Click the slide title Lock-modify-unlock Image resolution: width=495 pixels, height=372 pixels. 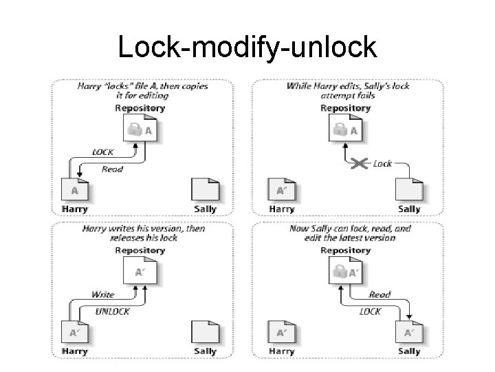pyautogui.click(x=247, y=47)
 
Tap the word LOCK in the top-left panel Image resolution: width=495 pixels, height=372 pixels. pyautogui.click(x=104, y=152)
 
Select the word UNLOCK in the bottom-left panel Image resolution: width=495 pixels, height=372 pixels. pyautogui.click(x=111, y=311)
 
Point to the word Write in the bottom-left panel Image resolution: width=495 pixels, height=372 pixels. pyautogui.click(x=103, y=294)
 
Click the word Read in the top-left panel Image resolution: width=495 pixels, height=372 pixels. pyautogui.click(x=113, y=169)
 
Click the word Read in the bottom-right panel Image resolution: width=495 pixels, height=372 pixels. pyautogui.click(x=379, y=294)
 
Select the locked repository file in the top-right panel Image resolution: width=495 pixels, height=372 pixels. pyautogui.click(x=345, y=130)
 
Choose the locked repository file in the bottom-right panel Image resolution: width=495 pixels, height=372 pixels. pyautogui.click(x=345, y=272)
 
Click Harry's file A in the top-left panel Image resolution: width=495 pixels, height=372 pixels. pyautogui.click(x=75, y=190)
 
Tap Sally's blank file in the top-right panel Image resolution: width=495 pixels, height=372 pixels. pyautogui.click(x=408, y=190)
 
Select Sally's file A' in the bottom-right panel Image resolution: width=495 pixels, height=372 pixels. pyautogui.click(x=408, y=332)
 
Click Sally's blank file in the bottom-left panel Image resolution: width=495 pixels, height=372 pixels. pyautogui.click(x=204, y=332)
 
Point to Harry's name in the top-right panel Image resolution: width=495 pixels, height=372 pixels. pyautogui.click(x=281, y=209)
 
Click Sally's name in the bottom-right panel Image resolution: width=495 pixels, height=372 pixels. pyautogui.click(x=409, y=351)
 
